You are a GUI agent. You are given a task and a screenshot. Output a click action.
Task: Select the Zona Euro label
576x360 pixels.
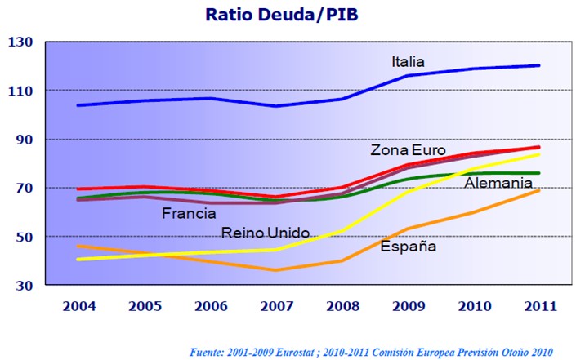pos(408,151)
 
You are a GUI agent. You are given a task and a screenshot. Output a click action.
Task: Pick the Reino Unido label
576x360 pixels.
pos(266,233)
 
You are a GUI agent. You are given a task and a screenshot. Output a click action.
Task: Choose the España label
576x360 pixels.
pos(409,246)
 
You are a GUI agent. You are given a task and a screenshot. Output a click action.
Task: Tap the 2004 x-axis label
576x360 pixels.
pos(79,307)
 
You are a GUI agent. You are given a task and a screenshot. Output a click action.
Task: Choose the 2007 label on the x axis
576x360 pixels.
pos(276,307)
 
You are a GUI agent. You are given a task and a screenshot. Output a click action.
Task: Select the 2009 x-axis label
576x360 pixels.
pos(408,307)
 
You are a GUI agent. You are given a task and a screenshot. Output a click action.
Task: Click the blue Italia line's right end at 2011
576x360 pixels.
pos(538,65)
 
